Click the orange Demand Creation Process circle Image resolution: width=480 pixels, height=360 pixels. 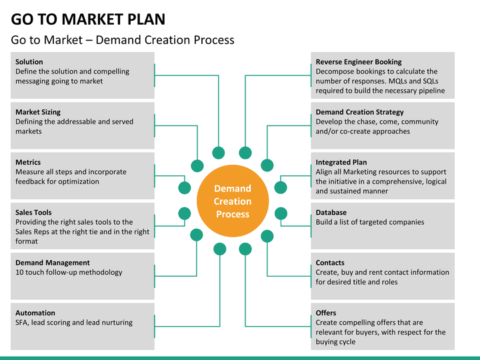tap(233, 201)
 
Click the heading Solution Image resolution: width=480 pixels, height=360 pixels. tap(29, 62)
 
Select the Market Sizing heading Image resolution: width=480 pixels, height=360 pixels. tap(38, 112)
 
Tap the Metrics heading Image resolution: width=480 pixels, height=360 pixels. tap(28, 162)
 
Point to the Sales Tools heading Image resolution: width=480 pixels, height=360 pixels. tap(33, 213)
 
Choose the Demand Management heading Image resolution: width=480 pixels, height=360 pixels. tap(53, 263)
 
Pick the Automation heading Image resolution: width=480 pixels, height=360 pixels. tap(35, 313)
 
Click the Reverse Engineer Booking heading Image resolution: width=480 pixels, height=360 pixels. tap(359, 62)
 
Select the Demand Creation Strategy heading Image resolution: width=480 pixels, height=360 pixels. tap(360, 112)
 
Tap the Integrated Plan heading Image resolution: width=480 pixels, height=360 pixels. tap(341, 162)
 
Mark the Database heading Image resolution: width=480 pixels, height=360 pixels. tap(331, 213)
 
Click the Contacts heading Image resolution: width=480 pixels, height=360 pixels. tap(330, 263)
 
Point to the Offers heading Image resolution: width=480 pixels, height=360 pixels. tap(326, 313)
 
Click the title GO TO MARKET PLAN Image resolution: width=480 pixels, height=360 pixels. tap(88, 19)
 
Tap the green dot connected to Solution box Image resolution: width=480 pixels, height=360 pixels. tap(218, 153)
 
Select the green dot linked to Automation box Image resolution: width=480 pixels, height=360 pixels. tap(220, 249)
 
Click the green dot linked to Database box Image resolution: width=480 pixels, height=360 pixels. tap(281, 214)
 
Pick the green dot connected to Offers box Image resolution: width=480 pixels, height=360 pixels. tap(245, 249)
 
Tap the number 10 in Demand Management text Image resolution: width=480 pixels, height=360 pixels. tap(19, 273)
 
